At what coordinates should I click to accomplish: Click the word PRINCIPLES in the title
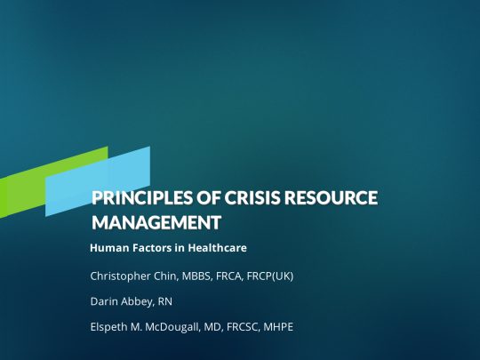click(142, 197)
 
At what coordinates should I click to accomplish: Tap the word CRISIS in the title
click(252, 197)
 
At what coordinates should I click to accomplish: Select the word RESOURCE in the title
click(331, 197)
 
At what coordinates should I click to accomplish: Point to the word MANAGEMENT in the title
click(156, 222)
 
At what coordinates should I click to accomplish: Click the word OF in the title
click(209, 197)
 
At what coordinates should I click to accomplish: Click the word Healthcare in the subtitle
click(218, 248)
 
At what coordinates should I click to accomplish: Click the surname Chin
click(165, 276)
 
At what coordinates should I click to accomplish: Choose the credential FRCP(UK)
click(270, 276)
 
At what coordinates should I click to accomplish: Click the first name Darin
click(104, 301)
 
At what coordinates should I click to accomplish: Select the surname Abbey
click(138, 302)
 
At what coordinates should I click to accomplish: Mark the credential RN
click(165, 301)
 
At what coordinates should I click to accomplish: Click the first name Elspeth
click(108, 327)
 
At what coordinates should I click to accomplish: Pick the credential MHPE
click(278, 327)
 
